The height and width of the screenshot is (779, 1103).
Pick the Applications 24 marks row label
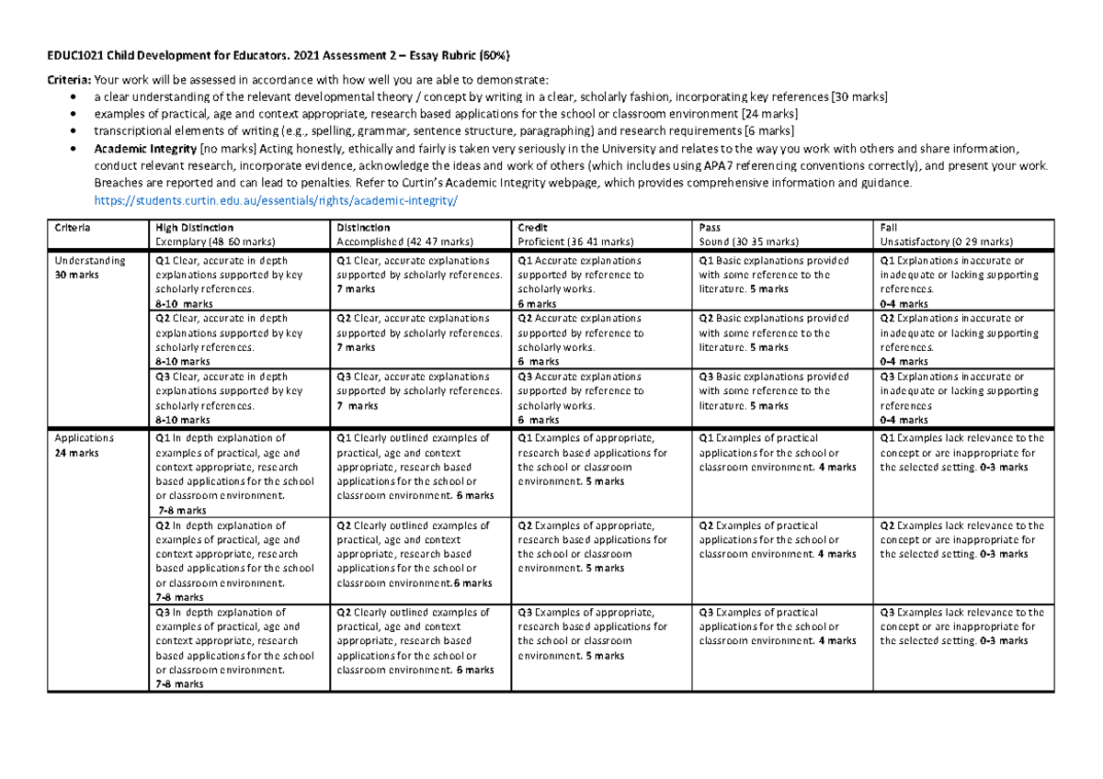click(x=84, y=446)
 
